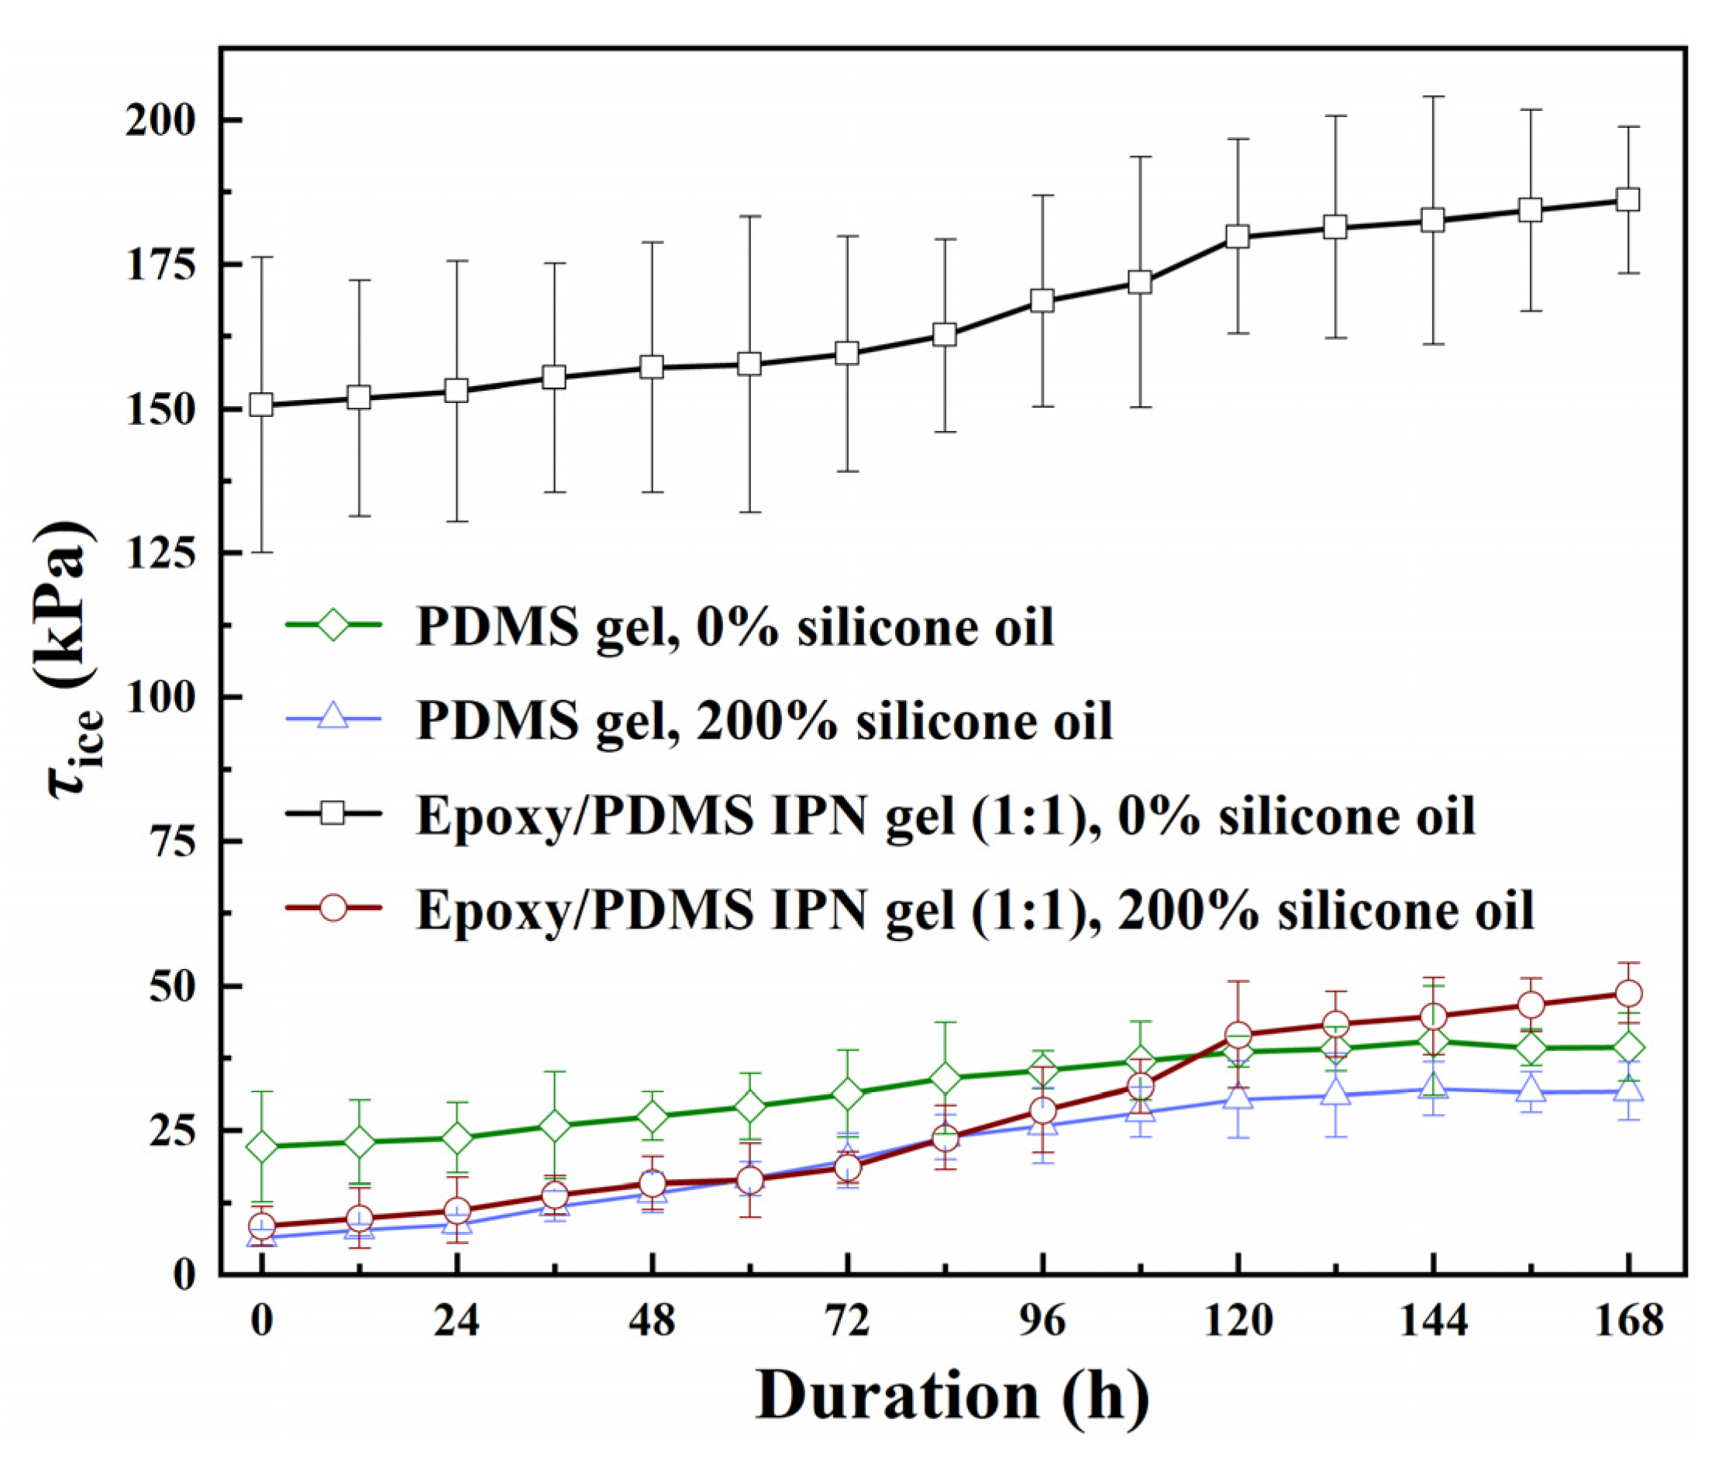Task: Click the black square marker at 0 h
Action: point(261,405)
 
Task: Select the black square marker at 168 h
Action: point(1627,200)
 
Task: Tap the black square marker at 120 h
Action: point(1237,237)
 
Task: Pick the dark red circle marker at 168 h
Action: point(1627,993)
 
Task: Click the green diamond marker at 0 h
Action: point(261,1147)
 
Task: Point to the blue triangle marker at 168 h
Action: point(1627,1089)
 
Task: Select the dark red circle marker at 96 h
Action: point(1042,1111)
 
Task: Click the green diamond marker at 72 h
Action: point(847,1094)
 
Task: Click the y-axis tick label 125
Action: point(160,553)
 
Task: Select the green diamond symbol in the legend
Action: point(332,624)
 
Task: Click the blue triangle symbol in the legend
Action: point(332,718)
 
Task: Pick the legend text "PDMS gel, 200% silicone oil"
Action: point(763,719)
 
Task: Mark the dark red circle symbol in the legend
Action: point(332,908)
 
